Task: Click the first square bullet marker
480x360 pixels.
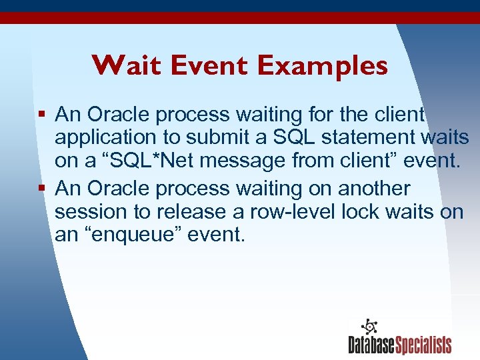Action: tap(42, 115)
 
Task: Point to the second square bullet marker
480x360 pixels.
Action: tap(42, 189)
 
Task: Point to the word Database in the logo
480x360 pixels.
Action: tap(371, 345)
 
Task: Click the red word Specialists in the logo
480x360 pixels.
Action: tap(423, 345)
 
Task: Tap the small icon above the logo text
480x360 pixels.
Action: tap(369, 327)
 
